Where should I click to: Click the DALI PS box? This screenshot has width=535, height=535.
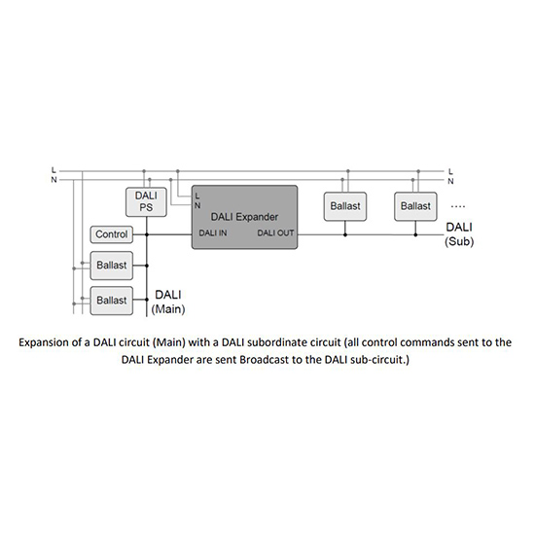pos(146,202)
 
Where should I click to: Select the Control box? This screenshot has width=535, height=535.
pos(111,234)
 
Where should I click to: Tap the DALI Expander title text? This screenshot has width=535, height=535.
pos(244,217)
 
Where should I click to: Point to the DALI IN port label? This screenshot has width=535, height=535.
pos(213,233)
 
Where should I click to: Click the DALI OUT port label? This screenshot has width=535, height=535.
pos(275,233)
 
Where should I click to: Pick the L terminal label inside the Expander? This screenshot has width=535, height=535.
pos(197,196)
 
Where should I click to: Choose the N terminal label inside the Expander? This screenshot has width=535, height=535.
pos(197,205)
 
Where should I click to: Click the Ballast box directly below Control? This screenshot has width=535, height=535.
pos(111,266)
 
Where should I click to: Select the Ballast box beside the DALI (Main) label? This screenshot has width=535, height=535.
pos(111,301)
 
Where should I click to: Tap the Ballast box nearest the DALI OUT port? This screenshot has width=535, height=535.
pos(345,206)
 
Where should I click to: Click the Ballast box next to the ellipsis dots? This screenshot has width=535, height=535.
pos(415,206)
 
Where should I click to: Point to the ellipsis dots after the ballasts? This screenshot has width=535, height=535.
pos(457,206)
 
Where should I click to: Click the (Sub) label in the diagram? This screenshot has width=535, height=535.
pos(459,241)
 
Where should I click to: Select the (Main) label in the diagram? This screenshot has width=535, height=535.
pos(168,309)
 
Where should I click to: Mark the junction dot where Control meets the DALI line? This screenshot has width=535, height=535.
pos(147,234)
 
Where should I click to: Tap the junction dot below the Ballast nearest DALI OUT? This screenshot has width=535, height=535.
pos(345,234)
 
